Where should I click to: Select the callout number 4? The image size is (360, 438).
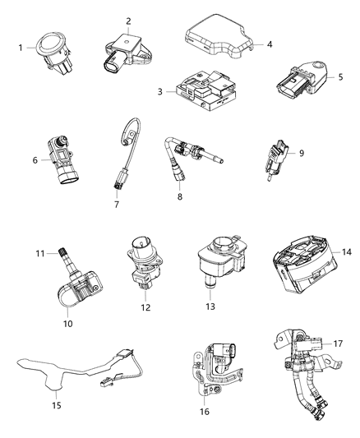click(258, 44)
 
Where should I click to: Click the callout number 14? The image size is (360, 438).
click(347, 251)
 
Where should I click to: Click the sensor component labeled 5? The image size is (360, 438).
click(299, 81)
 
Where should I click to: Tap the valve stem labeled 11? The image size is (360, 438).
click(61, 258)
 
